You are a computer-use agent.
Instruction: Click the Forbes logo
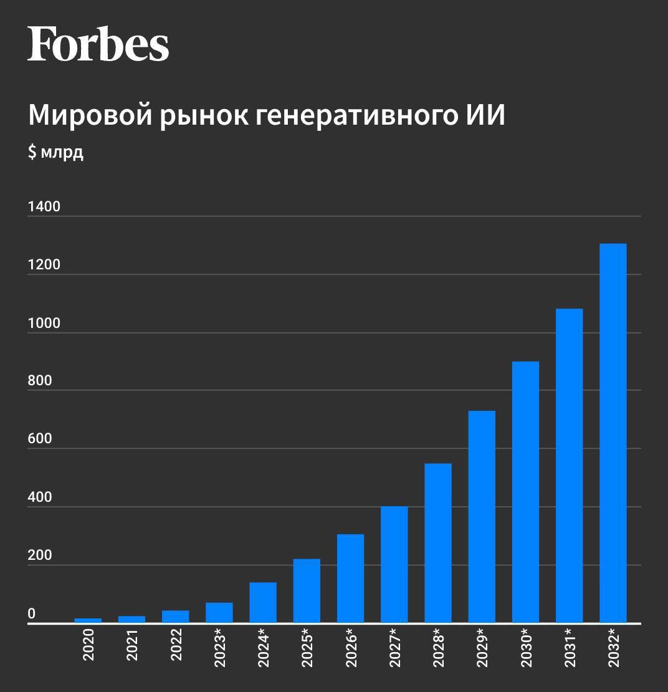click(98, 44)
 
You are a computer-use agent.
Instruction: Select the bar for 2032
click(613, 433)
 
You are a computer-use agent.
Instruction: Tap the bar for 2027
click(394, 564)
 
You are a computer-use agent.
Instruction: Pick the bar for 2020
click(88, 620)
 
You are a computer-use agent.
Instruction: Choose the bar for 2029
click(482, 517)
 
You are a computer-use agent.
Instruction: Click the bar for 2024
click(263, 603)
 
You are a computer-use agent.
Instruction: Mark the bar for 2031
click(569, 466)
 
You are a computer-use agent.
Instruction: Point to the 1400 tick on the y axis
click(44, 206)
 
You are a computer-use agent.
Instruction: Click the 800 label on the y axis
click(40, 381)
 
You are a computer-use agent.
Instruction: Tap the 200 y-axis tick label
click(40, 555)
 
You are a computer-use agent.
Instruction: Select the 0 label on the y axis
click(32, 614)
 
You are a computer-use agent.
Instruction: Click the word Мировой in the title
click(87, 116)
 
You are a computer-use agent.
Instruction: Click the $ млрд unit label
click(55, 153)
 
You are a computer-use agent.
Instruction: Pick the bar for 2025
click(307, 591)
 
